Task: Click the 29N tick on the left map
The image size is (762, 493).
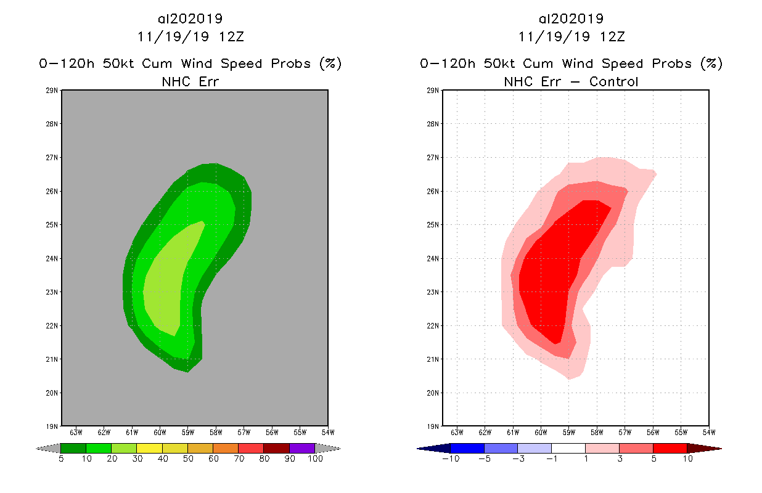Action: pos(53,91)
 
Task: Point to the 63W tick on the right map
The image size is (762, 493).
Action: pos(457,432)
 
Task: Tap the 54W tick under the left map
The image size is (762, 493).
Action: pos(327,432)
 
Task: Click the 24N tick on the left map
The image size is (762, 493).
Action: pos(53,259)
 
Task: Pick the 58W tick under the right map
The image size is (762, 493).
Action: pos(597,432)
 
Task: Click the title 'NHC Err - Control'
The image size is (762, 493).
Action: pos(571,81)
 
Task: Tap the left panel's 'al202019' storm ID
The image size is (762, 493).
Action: pos(190,18)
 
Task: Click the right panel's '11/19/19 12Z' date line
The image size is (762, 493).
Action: pos(571,36)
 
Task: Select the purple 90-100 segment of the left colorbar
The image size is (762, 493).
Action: pos(302,448)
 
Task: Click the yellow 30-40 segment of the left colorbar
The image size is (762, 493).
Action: pos(149,448)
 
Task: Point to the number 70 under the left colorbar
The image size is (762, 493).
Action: pos(239,459)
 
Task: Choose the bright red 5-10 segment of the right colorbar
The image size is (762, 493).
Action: pos(670,448)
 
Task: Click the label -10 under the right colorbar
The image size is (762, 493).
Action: pos(449,459)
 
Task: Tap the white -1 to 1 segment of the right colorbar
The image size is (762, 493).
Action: pos(568,448)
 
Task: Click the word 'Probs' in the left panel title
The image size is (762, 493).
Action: pos(289,63)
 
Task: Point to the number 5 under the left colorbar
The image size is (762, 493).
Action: pos(61,459)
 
